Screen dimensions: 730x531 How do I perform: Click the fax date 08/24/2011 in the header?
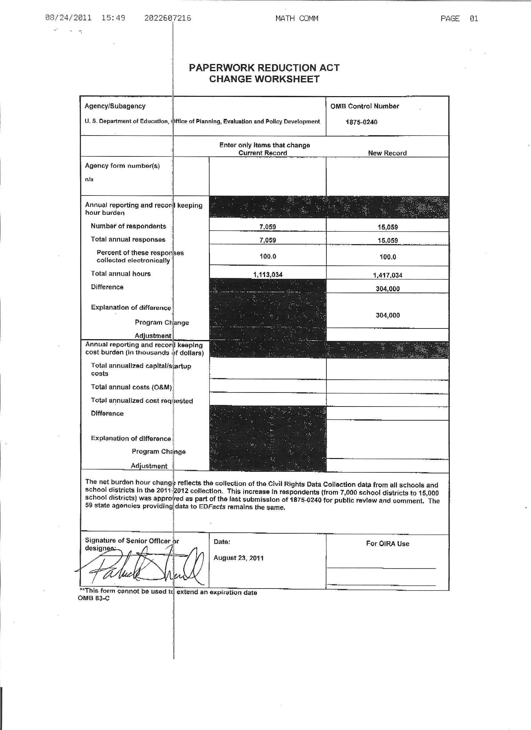(x=68, y=18)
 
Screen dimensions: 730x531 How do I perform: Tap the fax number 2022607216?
(x=167, y=18)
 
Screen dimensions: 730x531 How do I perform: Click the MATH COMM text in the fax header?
(x=296, y=18)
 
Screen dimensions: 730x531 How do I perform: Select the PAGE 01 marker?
(x=459, y=19)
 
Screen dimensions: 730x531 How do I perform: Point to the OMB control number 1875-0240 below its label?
(x=361, y=122)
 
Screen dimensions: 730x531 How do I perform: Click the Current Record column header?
(x=262, y=153)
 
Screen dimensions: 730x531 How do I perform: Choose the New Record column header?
(x=387, y=153)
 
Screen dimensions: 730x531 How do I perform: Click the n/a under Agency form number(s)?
(x=89, y=179)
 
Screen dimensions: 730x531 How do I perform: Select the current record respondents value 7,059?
(x=268, y=227)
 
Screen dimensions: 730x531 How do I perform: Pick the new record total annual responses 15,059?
(x=388, y=240)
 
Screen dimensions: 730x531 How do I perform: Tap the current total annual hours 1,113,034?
(x=268, y=274)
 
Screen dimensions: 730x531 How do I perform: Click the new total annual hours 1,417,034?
(x=388, y=275)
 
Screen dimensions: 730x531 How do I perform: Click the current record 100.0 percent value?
(x=268, y=257)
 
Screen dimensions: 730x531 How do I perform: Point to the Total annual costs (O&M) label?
(x=132, y=387)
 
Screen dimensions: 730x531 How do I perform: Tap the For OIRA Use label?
(x=387, y=544)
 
